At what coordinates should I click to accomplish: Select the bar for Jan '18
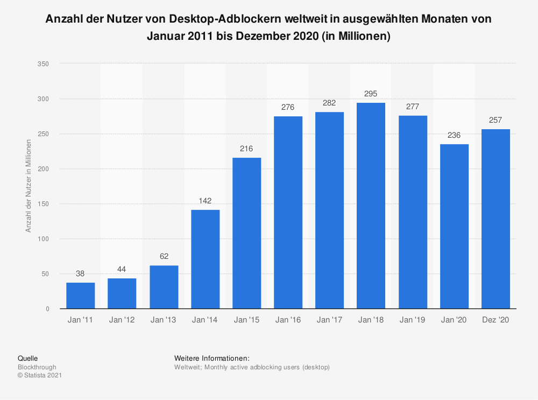pos(371,206)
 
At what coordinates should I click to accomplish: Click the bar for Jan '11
pos(81,296)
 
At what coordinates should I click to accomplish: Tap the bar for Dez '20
pos(495,219)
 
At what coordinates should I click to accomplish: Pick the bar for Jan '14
pos(205,259)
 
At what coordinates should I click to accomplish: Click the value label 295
pos(371,94)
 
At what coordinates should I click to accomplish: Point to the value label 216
pos(246,149)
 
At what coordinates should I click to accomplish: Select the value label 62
pos(164,256)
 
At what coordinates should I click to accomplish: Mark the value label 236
pos(454,135)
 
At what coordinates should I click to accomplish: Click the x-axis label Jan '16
pos(288,320)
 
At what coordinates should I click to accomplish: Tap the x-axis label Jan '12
pos(122,320)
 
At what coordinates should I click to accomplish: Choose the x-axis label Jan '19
pos(413,320)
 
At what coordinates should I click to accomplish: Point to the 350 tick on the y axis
pos(44,64)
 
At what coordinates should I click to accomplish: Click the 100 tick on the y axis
pos(44,239)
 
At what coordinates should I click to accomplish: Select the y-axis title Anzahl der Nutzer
pos(29,186)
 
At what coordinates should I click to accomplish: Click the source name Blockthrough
pos(37,367)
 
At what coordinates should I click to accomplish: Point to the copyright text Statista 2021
pos(39,376)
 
